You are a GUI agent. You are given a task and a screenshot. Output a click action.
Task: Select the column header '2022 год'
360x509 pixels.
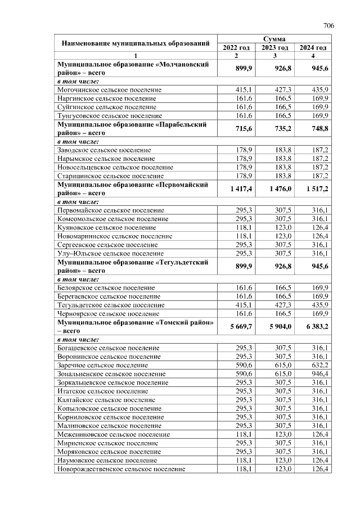coord(236,48)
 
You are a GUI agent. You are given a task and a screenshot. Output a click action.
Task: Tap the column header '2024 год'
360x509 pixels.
coord(313,48)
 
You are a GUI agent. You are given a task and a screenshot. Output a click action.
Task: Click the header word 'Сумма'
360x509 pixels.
coord(274,39)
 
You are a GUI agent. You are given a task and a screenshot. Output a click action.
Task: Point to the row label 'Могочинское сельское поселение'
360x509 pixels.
coord(110,90)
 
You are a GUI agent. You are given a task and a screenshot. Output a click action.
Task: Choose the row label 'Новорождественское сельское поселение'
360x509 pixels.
coord(121,469)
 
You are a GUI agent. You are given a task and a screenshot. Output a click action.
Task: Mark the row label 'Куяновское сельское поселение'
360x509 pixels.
coord(106,228)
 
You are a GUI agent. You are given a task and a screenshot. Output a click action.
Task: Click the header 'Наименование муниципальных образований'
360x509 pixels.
coord(136,43)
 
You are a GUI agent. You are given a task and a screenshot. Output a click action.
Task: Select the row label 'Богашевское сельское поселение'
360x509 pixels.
coord(109,348)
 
